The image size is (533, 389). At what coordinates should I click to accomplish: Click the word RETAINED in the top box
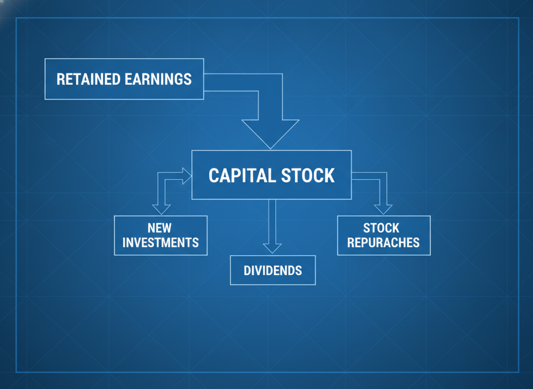point(88,79)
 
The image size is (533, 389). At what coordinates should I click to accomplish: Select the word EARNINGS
point(158,79)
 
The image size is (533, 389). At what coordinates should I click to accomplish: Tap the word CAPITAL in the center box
point(242,176)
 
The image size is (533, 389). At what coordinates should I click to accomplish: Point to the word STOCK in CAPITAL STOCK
point(308,176)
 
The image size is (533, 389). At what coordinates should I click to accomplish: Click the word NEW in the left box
point(159,228)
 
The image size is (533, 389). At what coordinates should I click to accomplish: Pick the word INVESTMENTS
point(160,242)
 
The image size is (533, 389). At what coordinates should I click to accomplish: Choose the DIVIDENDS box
point(273,270)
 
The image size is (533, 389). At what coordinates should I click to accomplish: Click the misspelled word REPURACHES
point(384,242)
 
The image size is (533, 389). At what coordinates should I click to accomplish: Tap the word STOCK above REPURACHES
point(381,228)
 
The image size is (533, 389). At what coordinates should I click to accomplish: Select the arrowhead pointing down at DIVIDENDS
point(272,248)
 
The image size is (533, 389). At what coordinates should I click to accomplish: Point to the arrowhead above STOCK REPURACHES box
point(383,209)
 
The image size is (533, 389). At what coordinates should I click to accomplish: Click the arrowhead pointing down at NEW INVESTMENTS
point(162,209)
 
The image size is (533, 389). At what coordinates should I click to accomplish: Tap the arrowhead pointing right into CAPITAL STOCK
point(187,176)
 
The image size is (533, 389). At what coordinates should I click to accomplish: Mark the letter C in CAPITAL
point(213,176)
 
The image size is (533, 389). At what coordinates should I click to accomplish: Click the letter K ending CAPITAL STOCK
point(330,176)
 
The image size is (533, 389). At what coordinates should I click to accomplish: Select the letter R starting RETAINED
point(60,79)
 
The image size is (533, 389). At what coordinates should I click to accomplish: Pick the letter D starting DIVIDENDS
point(247,271)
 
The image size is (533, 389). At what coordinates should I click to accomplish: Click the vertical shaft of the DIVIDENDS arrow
point(272,222)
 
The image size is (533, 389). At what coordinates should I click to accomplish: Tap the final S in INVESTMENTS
point(196,242)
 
